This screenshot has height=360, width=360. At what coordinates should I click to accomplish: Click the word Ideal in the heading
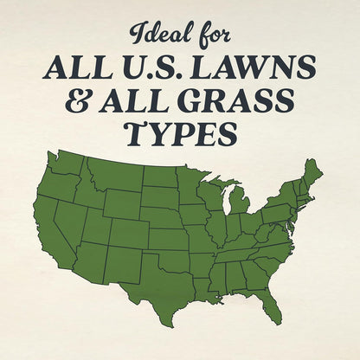[156, 35]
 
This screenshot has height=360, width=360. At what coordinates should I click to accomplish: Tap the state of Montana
[112, 177]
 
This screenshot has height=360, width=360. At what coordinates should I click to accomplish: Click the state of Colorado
[127, 232]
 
